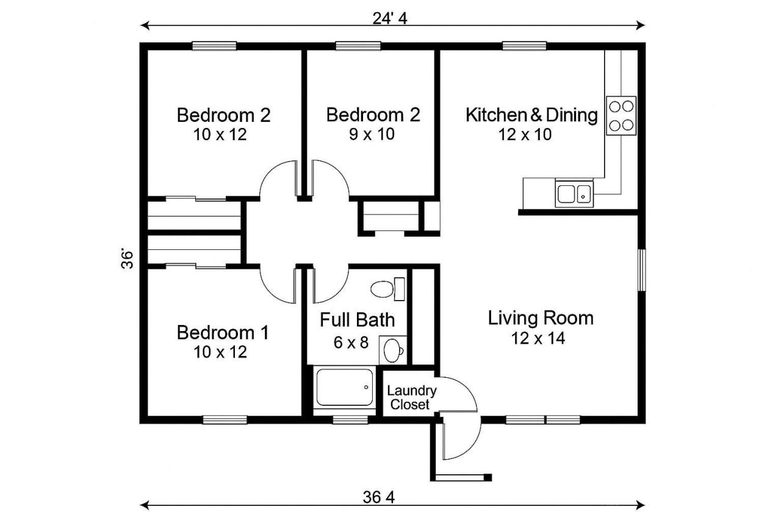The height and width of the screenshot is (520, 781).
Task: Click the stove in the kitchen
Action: point(621,116)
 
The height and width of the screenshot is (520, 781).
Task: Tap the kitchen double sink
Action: point(574,194)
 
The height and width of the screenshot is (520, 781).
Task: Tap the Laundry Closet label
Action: point(411,397)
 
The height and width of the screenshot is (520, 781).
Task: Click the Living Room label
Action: point(541,318)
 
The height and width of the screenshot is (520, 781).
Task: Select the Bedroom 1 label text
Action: point(223,333)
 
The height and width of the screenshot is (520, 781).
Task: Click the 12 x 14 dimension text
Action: point(538,338)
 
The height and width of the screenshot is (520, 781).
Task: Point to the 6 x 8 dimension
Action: point(351,342)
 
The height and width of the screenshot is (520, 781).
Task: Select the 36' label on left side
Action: point(127,258)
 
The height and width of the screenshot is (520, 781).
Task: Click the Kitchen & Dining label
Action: point(531,115)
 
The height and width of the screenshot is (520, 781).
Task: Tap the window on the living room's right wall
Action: point(641,269)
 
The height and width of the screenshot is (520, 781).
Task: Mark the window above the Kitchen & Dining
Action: point(524,45)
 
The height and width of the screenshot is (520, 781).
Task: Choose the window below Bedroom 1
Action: point(225,419)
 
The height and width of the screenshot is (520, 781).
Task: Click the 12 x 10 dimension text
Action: point(525,135)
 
